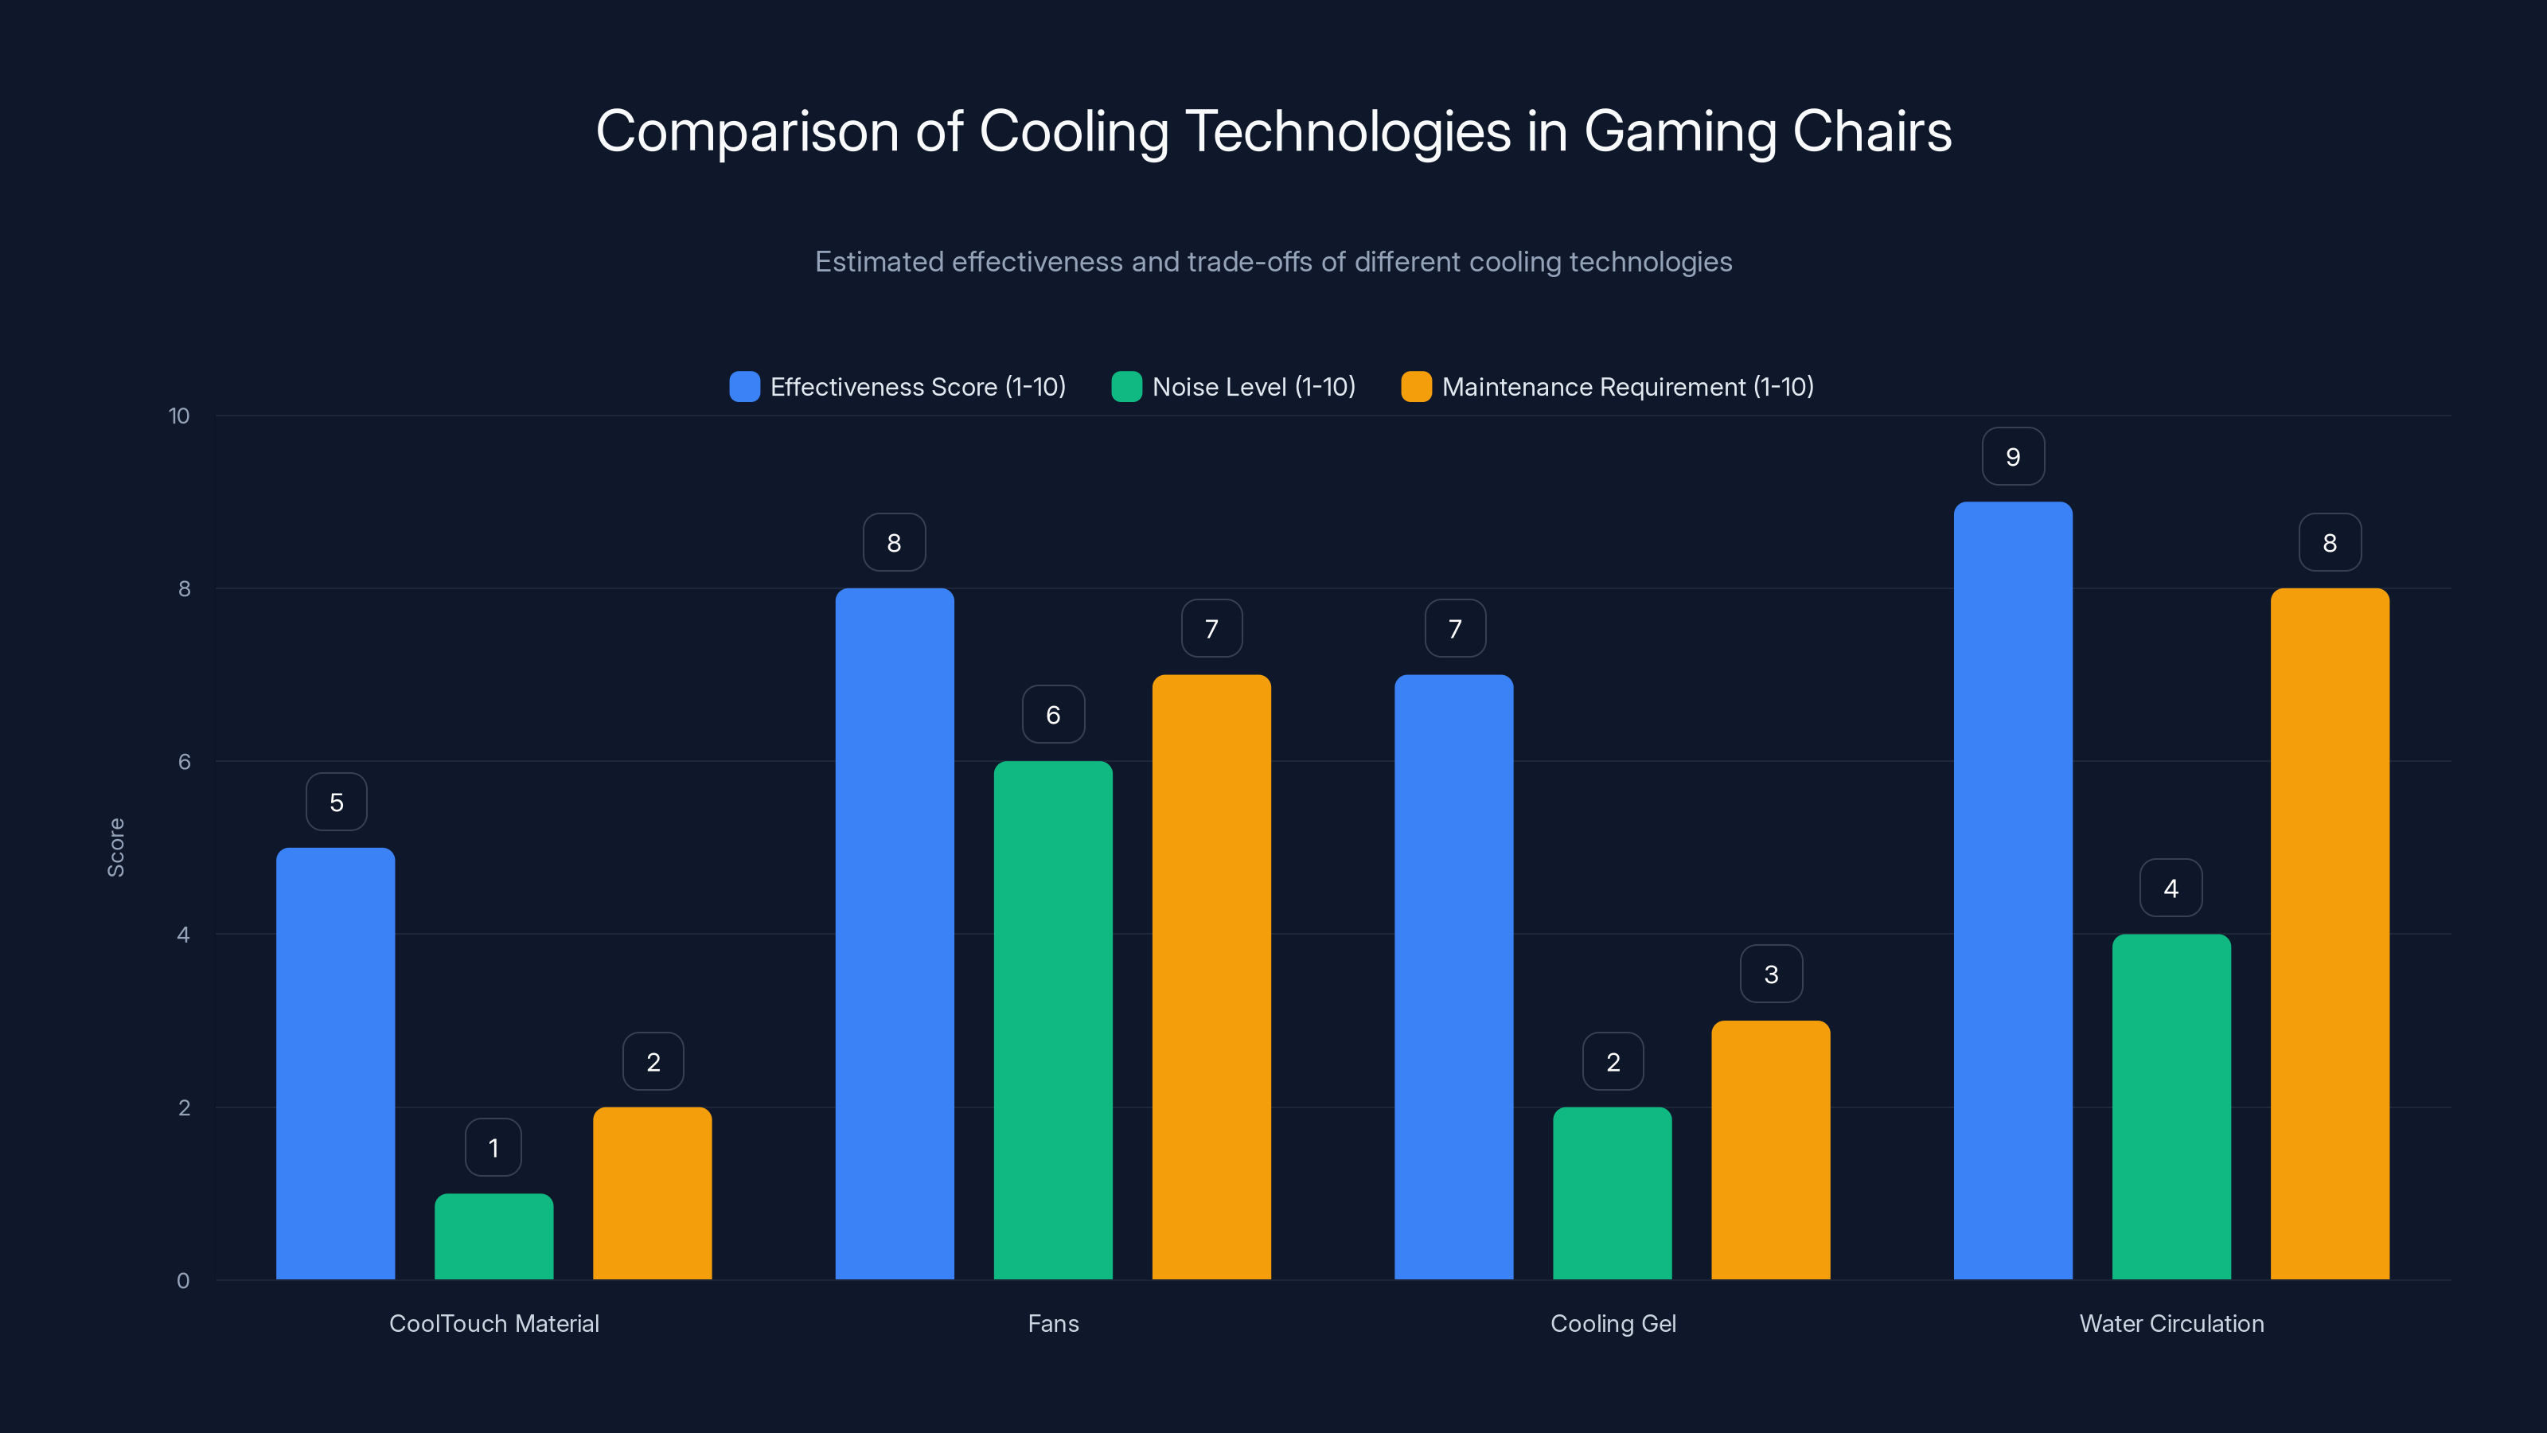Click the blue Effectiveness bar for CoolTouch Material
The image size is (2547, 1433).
tap(335, 1063)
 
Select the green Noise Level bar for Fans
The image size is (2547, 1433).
tap(1053, 1020)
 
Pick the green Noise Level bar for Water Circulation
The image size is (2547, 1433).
tap(2171, 1106)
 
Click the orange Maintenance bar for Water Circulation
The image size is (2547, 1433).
tap(2330, 932)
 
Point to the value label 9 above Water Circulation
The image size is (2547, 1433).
tap(2013, 457)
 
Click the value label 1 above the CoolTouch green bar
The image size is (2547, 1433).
tap(493, 1147)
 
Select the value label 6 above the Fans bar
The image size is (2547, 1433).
tap(1053, 715)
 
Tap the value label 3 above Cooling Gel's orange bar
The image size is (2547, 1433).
tap(1771, 974)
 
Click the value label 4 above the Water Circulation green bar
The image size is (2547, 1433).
tap(2171, 888)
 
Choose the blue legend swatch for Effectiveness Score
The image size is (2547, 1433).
tap(744, 387)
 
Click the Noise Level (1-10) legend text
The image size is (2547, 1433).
tap(1253, 387)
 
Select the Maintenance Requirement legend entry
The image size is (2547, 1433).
tap(1626, 387)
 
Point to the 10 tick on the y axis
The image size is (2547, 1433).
tap(179, 416)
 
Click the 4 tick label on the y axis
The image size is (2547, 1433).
tap(183, 935)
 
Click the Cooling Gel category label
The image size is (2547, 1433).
tap(1613, 1323)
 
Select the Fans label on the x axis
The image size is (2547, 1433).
tap(1053, 1323)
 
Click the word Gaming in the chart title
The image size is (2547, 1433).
tap(1680, 131)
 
